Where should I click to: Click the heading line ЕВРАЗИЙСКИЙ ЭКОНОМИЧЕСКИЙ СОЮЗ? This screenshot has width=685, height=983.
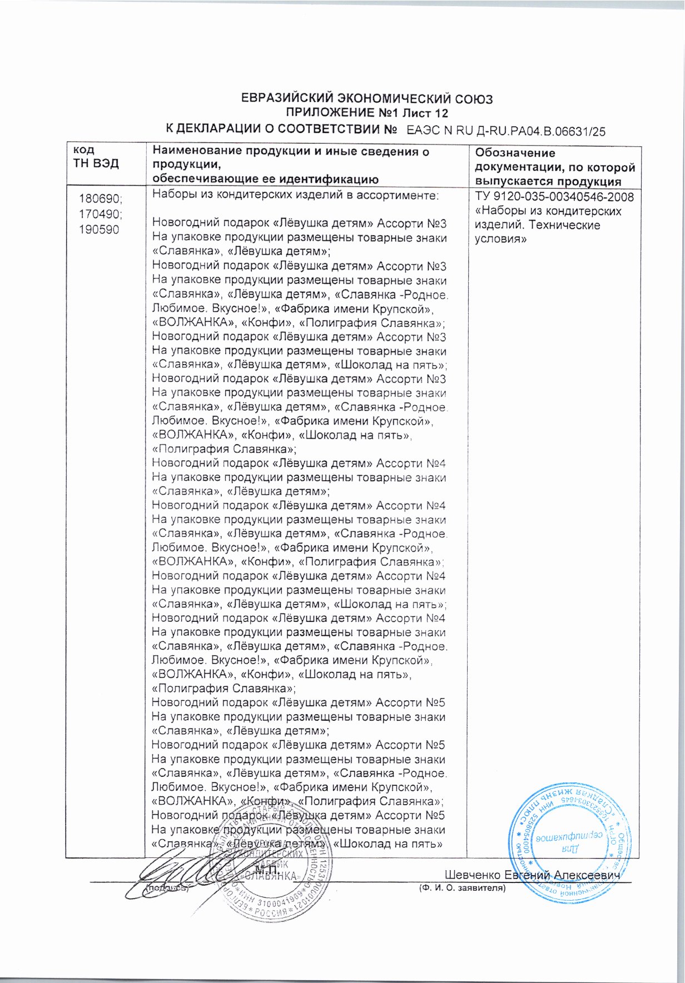point(367,99)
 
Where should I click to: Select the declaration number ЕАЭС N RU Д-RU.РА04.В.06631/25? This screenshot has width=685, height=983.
point(506,131)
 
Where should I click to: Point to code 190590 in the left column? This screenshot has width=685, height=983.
point(99,229)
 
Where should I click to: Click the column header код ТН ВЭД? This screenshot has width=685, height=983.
point(96,157)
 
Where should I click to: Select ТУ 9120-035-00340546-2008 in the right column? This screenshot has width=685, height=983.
point(554,197)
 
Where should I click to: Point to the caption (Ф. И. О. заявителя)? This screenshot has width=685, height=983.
point(461,889)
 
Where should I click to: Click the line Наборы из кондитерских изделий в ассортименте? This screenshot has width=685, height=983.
point(295,195)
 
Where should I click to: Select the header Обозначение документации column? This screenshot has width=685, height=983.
point(554,167)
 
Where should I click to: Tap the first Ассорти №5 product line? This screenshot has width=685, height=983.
point(298,702)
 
